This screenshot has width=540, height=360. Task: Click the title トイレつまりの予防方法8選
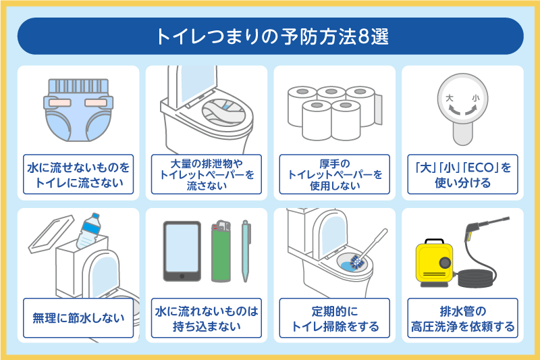point(270,36)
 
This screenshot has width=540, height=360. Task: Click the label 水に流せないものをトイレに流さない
point(78,174)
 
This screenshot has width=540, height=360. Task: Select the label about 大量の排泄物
point(206,175)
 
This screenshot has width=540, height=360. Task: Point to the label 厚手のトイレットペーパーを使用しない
point(333,175)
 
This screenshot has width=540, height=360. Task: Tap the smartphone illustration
point(182,251)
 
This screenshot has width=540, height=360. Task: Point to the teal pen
point(246,250)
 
